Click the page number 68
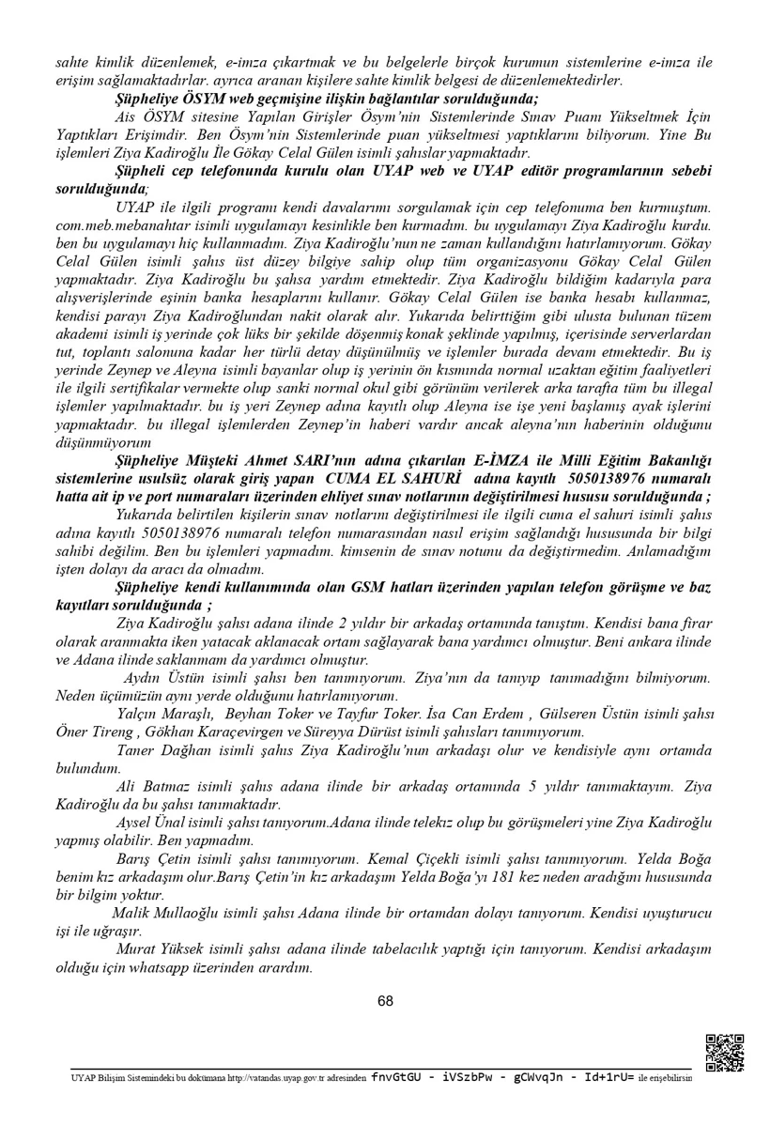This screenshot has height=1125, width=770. [385, 1001]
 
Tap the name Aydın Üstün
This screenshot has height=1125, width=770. [155, 676]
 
